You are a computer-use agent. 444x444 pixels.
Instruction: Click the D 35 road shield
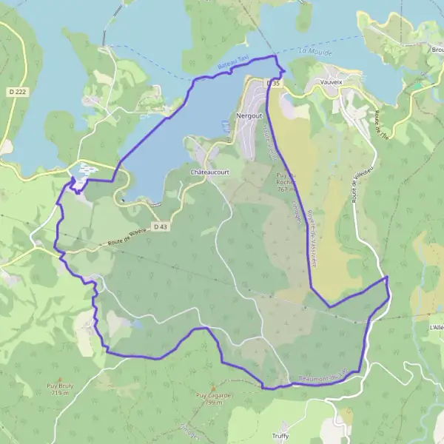click(274, 84)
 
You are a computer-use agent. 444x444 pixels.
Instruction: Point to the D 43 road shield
click(161, 226)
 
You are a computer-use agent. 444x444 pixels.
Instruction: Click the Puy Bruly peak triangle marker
click(60, 377)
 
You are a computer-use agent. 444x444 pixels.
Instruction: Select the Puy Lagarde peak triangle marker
click(214, 387)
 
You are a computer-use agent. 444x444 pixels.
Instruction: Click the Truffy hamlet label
click(280, 435)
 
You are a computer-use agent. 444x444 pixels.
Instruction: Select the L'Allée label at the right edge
click(436, 326)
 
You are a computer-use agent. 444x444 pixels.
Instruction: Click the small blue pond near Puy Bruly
click(138, 323)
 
